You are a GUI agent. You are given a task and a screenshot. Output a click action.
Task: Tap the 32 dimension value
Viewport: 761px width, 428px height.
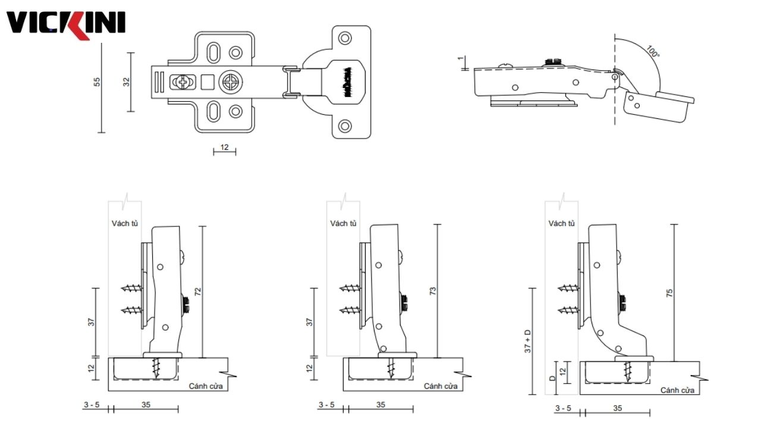tap(126, 81)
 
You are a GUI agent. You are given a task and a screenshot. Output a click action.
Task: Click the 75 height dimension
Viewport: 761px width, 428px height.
tap(669, 292)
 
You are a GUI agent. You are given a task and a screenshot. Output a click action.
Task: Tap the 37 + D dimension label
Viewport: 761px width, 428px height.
tap(527, 341)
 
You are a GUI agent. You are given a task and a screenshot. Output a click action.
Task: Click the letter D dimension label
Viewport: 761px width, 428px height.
tap(552, 377)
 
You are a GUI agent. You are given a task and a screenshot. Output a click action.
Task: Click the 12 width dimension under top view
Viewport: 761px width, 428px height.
tap(225, 146)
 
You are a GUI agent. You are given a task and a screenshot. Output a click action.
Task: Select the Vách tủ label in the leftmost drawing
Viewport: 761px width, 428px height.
tap(125, 224)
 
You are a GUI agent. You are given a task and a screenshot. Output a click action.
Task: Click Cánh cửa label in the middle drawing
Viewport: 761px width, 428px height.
tap(441, 386)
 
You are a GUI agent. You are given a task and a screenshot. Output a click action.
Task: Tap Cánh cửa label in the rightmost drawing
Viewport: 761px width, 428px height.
tap(677, 390)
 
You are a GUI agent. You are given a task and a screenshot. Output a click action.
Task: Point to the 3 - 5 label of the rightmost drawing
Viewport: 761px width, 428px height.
tap(563, 408)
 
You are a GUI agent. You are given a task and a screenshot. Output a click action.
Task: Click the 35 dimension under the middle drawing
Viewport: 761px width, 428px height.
tap(381, 404)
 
